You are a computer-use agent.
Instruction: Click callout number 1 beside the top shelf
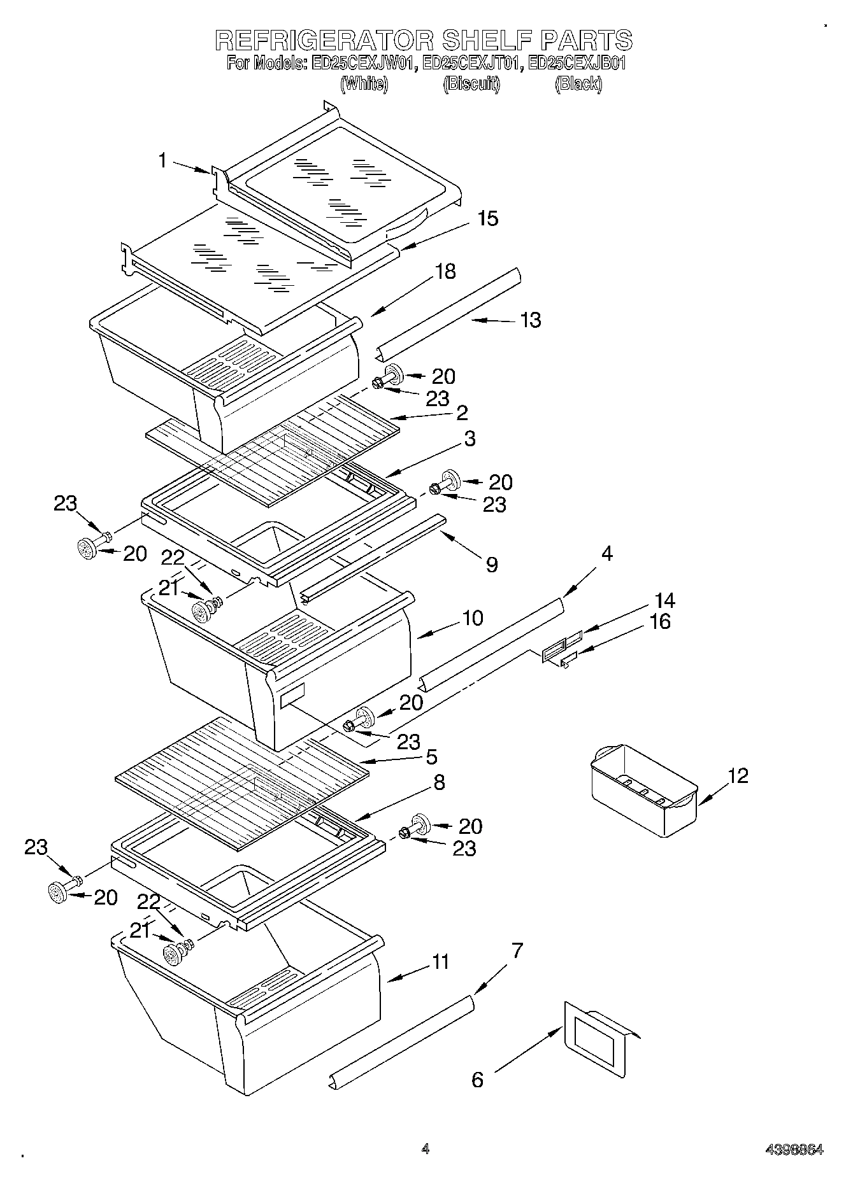(163, 161)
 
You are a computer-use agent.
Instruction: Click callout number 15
(487, 219)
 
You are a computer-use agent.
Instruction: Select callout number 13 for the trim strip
(530, 320)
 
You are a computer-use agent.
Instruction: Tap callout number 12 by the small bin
(738, 775)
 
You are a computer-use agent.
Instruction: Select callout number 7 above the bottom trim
(517, 951)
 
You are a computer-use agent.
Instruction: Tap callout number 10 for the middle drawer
(473, 617)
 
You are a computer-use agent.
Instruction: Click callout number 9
(491, 564)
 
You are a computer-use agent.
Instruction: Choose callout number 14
(664, 600)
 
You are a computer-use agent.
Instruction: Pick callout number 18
(445, 272)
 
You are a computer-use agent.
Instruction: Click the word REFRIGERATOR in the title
(324, 40)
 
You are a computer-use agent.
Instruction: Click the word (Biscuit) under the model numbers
(471, 83)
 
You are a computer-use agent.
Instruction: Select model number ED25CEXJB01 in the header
(578, 64)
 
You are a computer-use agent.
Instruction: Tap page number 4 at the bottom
(425, 1149)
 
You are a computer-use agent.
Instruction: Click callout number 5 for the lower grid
(431, 757)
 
